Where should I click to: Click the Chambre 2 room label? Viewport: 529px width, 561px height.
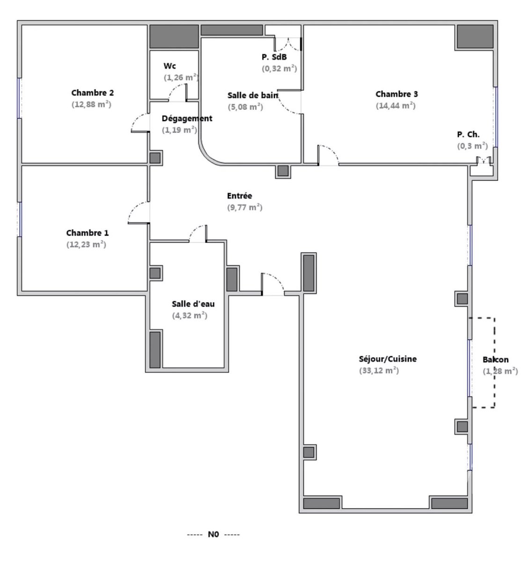pos(93,93)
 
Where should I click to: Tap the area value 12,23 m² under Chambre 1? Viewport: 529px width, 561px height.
pos(86,245)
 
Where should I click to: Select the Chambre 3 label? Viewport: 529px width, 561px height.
pos(397,94)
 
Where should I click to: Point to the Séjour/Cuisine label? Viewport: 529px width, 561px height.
pos(388,359)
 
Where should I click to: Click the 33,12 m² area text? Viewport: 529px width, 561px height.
pos(379,370)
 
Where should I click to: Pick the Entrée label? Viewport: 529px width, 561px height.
pos(239,195)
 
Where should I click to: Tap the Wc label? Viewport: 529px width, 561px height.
pos(170,66)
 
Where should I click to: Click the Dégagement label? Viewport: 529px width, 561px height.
pos(187,118)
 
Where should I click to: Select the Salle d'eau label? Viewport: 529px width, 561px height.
pos(193,304)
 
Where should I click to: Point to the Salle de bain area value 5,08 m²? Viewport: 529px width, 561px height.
pos(245,107)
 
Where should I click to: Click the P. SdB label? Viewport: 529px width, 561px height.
pos(274,57)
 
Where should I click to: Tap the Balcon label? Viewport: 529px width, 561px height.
pos(495,360)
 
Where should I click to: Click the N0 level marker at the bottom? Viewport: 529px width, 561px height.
pos(213,534)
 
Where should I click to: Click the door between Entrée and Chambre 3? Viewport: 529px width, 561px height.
pos(328,155)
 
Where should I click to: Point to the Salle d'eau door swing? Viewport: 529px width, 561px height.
pos(198,234)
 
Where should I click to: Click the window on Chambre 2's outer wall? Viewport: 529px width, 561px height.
pos(20,98)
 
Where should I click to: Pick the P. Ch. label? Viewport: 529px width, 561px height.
pos(468,135)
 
